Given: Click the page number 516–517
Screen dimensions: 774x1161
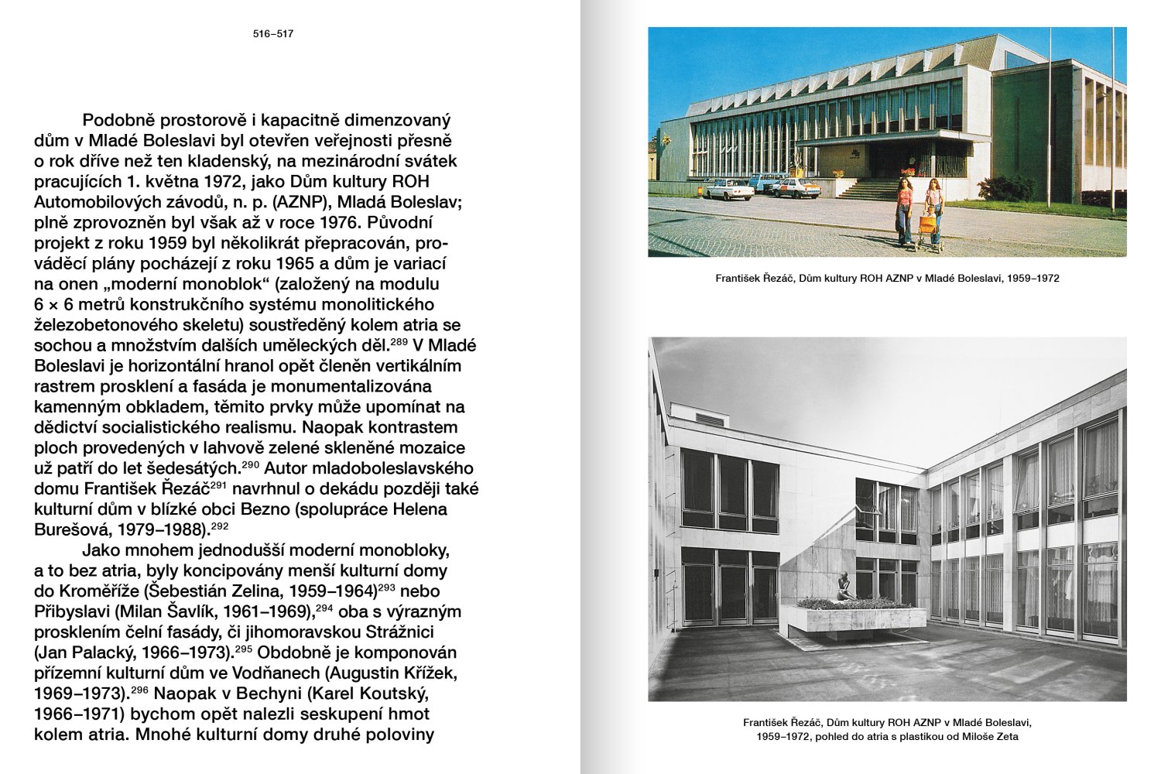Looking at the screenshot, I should [x=273, y=34].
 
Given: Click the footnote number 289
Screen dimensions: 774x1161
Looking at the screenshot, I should [x=398, y=341].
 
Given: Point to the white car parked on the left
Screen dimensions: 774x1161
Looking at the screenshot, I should [x=728, y=190].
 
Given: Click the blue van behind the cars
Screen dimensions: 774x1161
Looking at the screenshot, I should [x=766, y=182].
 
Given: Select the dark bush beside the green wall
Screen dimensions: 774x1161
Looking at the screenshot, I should [x=1007, y=188].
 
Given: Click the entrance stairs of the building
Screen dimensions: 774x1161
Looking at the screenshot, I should [x=868, y=188].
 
